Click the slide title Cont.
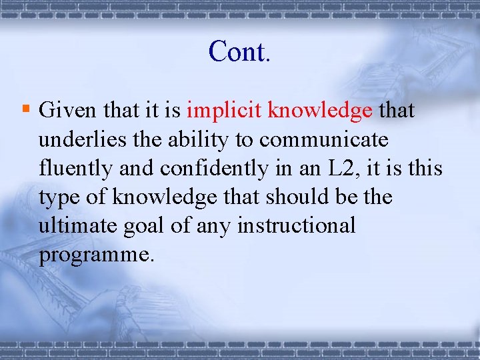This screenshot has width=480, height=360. click(239, 51)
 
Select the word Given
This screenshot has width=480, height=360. click(67, 111)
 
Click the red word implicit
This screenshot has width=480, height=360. click(224, 111)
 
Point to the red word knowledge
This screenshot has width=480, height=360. click(319, 111)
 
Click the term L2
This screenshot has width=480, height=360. click(341, 168)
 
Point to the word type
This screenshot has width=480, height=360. click(60, 198)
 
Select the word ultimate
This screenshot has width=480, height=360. click(75, 225)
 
